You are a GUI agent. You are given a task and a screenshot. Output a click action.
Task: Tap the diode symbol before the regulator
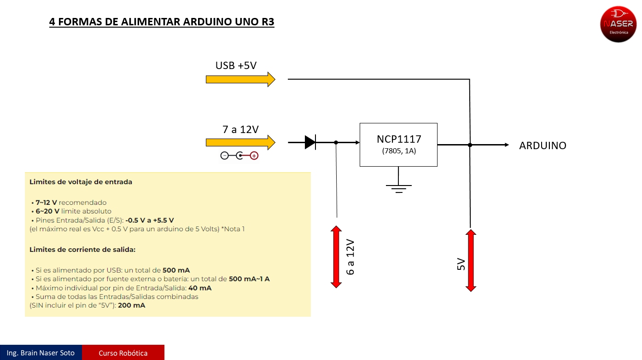pyautogui.click(x=310, y=143)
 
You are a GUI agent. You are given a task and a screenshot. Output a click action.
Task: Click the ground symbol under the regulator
pyautogui.click(x=398, y=188)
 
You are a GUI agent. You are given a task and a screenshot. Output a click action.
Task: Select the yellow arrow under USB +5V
pyautogui.click(x=240, y=79)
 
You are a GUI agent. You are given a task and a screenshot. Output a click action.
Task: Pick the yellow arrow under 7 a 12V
pyautogui.click(x=240, y=143)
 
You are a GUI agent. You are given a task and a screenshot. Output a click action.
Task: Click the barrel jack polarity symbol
pyautogui.click(x=239, y=156)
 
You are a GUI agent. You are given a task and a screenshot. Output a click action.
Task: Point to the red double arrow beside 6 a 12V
pyautogui.click(x=336, y=257)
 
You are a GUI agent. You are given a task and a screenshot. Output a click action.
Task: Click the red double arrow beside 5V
pyautogui.click(x=470, y=261)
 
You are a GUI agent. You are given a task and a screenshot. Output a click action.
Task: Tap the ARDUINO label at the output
pyautogui.click(x=543, y=145)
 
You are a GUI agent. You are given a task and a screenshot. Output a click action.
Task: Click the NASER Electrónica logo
pyautogui.click(x=618, y=24)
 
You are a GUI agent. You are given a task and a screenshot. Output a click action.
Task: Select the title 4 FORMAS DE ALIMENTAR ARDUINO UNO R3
pyautogui.click(x=162, y=22)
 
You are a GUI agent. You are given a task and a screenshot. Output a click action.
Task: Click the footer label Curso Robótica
pyautogui.click(x=123, y=353)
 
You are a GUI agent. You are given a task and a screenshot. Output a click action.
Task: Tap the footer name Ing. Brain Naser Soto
pyautogui.click(x=41, y=353)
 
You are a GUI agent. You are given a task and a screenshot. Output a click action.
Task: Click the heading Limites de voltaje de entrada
pyautogui.click(x=81, y=182)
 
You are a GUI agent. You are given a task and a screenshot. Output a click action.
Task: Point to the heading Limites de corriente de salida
pyautogui.click(x=82, y=250)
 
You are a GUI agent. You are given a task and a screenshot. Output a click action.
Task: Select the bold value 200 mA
pyautogui.click(x=132, y=305)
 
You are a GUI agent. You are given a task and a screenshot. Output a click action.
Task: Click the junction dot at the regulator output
pyautogui.click(x=470, y=145)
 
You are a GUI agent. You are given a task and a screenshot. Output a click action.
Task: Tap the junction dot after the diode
pyautogui.click(x=336, y=143)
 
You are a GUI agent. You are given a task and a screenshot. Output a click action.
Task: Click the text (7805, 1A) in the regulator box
pyautogui.click(x=399, y=151)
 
